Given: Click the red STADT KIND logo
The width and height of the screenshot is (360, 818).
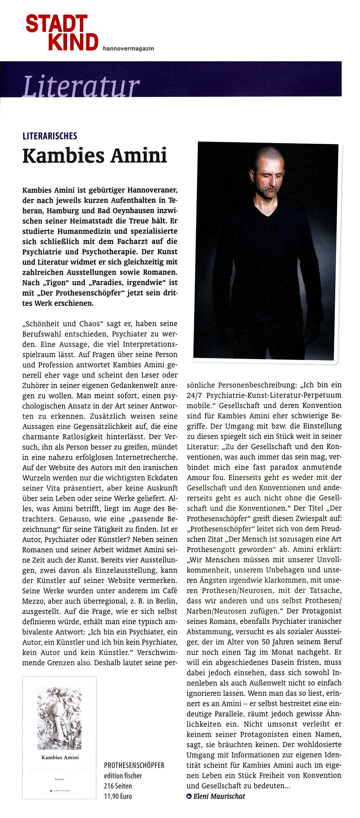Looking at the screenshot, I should [62, 33].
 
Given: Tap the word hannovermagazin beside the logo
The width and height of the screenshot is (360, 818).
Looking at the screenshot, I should [128, 48].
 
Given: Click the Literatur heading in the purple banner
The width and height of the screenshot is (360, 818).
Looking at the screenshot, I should [81, 86].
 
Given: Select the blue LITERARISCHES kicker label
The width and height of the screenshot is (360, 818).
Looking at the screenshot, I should [50, 136].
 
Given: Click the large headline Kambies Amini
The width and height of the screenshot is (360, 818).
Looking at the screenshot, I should [95, 156].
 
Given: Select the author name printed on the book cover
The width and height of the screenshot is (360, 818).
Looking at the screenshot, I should [60, 757].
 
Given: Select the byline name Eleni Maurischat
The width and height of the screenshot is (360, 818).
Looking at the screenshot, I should [219, 796].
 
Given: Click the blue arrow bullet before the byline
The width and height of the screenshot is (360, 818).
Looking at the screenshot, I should [189, 796].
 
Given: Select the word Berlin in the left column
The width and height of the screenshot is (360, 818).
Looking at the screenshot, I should [166, 601].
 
